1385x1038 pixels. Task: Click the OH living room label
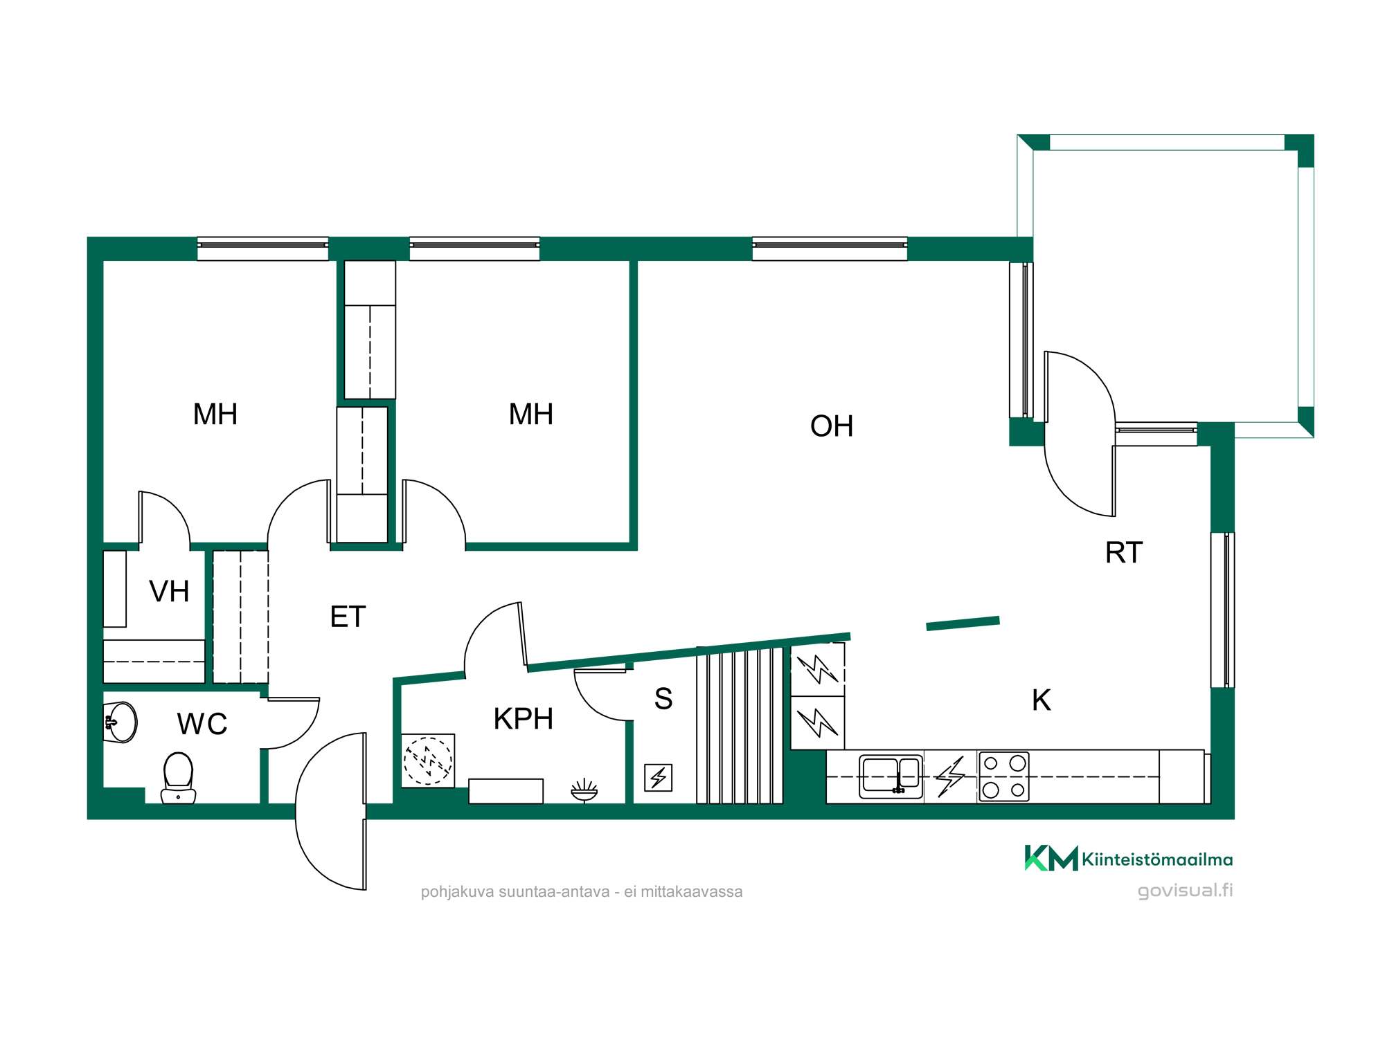[831, 426]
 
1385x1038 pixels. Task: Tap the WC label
[202, 725]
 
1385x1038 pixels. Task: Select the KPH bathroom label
[524, 719]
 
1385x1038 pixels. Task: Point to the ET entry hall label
[348, 617]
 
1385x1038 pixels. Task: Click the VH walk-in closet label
[169, 592]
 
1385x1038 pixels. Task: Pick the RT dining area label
[1124, 553]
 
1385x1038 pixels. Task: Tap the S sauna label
[663, 699]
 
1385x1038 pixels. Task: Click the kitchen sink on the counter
[891, 776]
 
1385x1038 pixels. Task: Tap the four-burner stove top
[1004, 776]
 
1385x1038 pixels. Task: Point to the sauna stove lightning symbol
[658, 777]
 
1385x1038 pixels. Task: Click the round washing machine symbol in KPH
[428, 761]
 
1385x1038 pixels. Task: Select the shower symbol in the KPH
[584, 790]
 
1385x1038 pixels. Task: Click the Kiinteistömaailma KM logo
[1051, 858]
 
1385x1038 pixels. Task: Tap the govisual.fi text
[1185, 891]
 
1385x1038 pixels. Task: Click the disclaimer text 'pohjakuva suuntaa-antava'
[515, 891]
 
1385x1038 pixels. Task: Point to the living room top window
[830, 248]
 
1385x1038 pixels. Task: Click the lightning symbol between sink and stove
[950, 776]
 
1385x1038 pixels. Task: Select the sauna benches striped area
[740, 725]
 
